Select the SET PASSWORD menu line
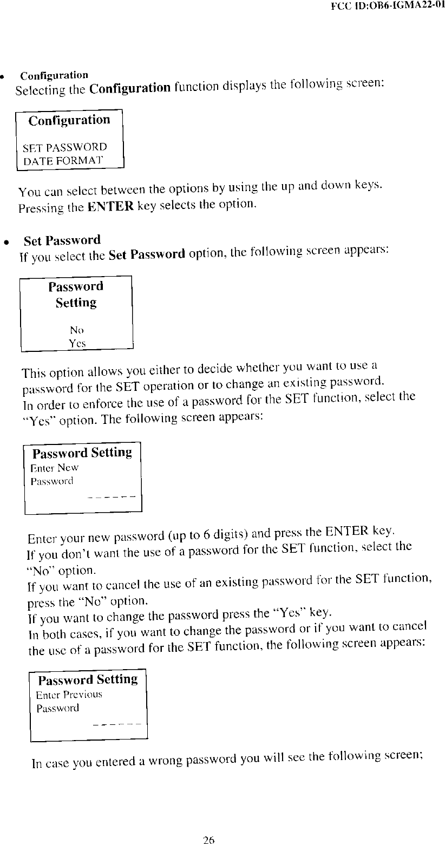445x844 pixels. (64, 147)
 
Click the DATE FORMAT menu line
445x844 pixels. (62, 160)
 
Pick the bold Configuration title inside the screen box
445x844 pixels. (69, 120)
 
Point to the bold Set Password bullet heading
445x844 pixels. (62, 240)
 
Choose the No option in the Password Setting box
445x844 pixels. (76, 330)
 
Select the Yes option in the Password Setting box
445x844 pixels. (77, 343)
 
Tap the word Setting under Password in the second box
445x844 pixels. (76, 303)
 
